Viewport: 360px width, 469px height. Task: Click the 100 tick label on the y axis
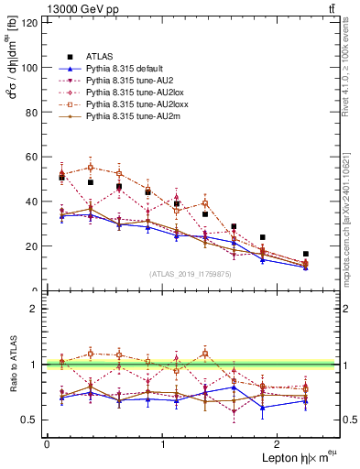click(28, 68)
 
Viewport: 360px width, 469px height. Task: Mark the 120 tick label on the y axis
click(28, 23)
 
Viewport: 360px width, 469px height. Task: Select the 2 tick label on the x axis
click(280, 444)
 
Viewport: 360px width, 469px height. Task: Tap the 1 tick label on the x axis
click(163, 444)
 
